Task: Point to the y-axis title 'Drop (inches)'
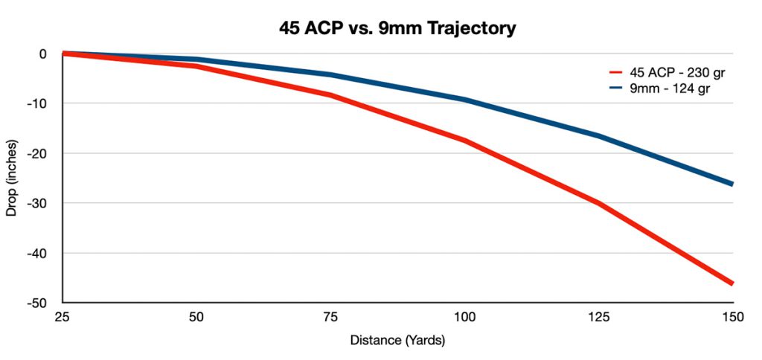click(x=11, y=179)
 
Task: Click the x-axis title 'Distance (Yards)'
click(x=397, y=341)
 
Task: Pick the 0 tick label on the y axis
click(x=42, y=54)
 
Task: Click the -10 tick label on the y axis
click(x=37, y=103)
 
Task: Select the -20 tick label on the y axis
click(x=37, y=153)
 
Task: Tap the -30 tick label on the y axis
click(x=37, y=203)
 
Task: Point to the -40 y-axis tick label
click(x=37, y=254)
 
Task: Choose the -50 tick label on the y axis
click(x=37, y=303)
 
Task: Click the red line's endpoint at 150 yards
click(x=732, y=283)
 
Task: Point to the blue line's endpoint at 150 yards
click(x=732, y=184)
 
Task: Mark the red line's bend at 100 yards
click(x=465, y=141)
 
